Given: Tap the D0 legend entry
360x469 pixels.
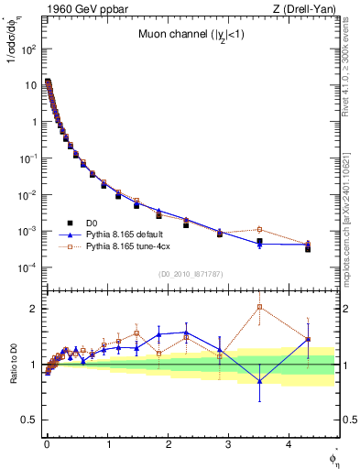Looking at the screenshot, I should click(93, 223).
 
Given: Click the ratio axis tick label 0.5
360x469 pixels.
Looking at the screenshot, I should click(31, 420).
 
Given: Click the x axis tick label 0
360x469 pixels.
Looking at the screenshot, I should click(47, 442).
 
